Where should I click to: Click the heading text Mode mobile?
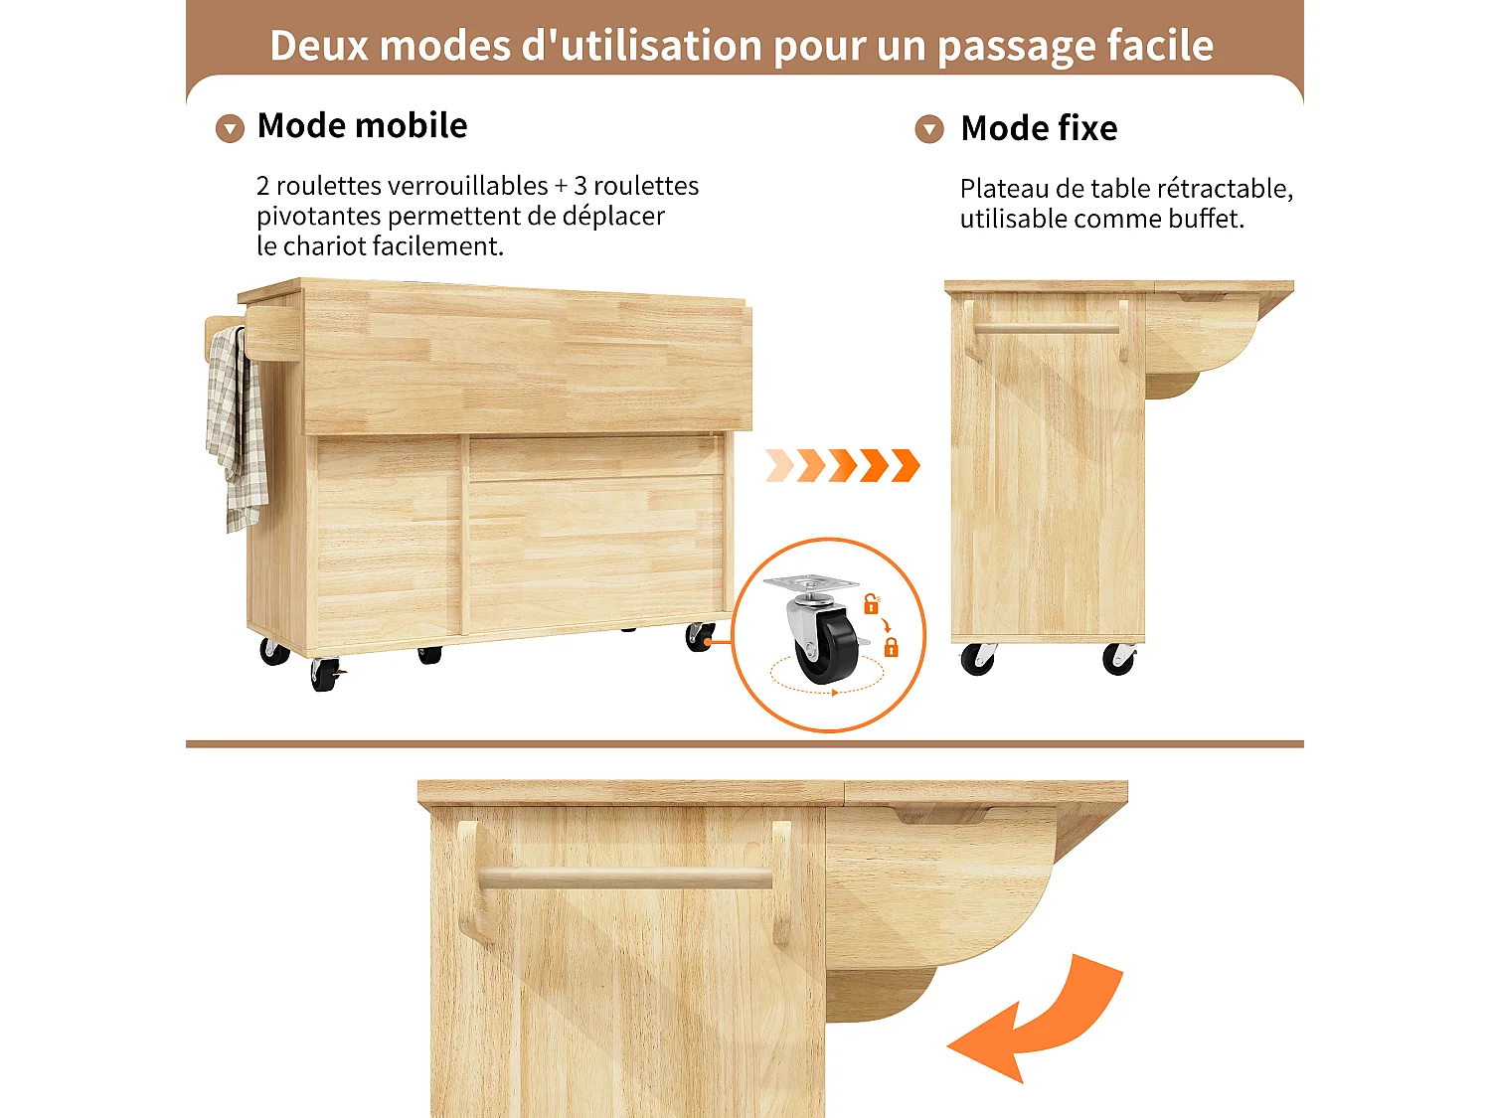[362, 126]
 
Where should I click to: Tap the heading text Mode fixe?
[1039, 128]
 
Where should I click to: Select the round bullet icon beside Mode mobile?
[230, 129]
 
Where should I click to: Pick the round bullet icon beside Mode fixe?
[929, 129]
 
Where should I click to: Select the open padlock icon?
[871, 603]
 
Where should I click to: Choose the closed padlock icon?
[891, 648]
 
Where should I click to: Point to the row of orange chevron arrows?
[843, 465]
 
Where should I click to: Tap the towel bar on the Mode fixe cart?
[1046, 329]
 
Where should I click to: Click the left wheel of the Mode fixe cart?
[977, 660]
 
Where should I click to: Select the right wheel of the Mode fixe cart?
[1118, 660]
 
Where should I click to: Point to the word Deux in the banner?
[317, 46]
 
